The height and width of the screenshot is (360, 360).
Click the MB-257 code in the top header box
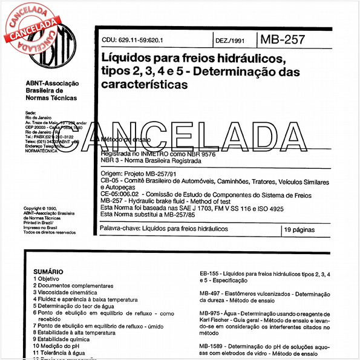coord(282,41)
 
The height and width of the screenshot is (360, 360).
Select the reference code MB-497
coord(211,293)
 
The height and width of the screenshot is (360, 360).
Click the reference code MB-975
coord(211,313)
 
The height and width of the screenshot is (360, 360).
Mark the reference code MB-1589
coord(212,345)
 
